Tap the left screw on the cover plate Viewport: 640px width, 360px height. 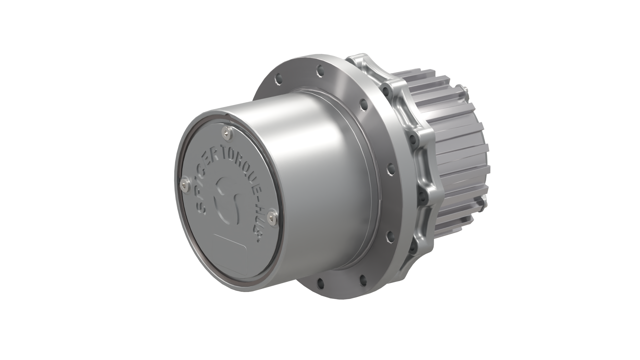coord(184,185)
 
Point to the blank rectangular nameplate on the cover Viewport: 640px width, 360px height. coord(230,245)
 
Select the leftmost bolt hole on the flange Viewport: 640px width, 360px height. coord(276,80)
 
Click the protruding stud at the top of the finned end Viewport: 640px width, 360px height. coord(465,89)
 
